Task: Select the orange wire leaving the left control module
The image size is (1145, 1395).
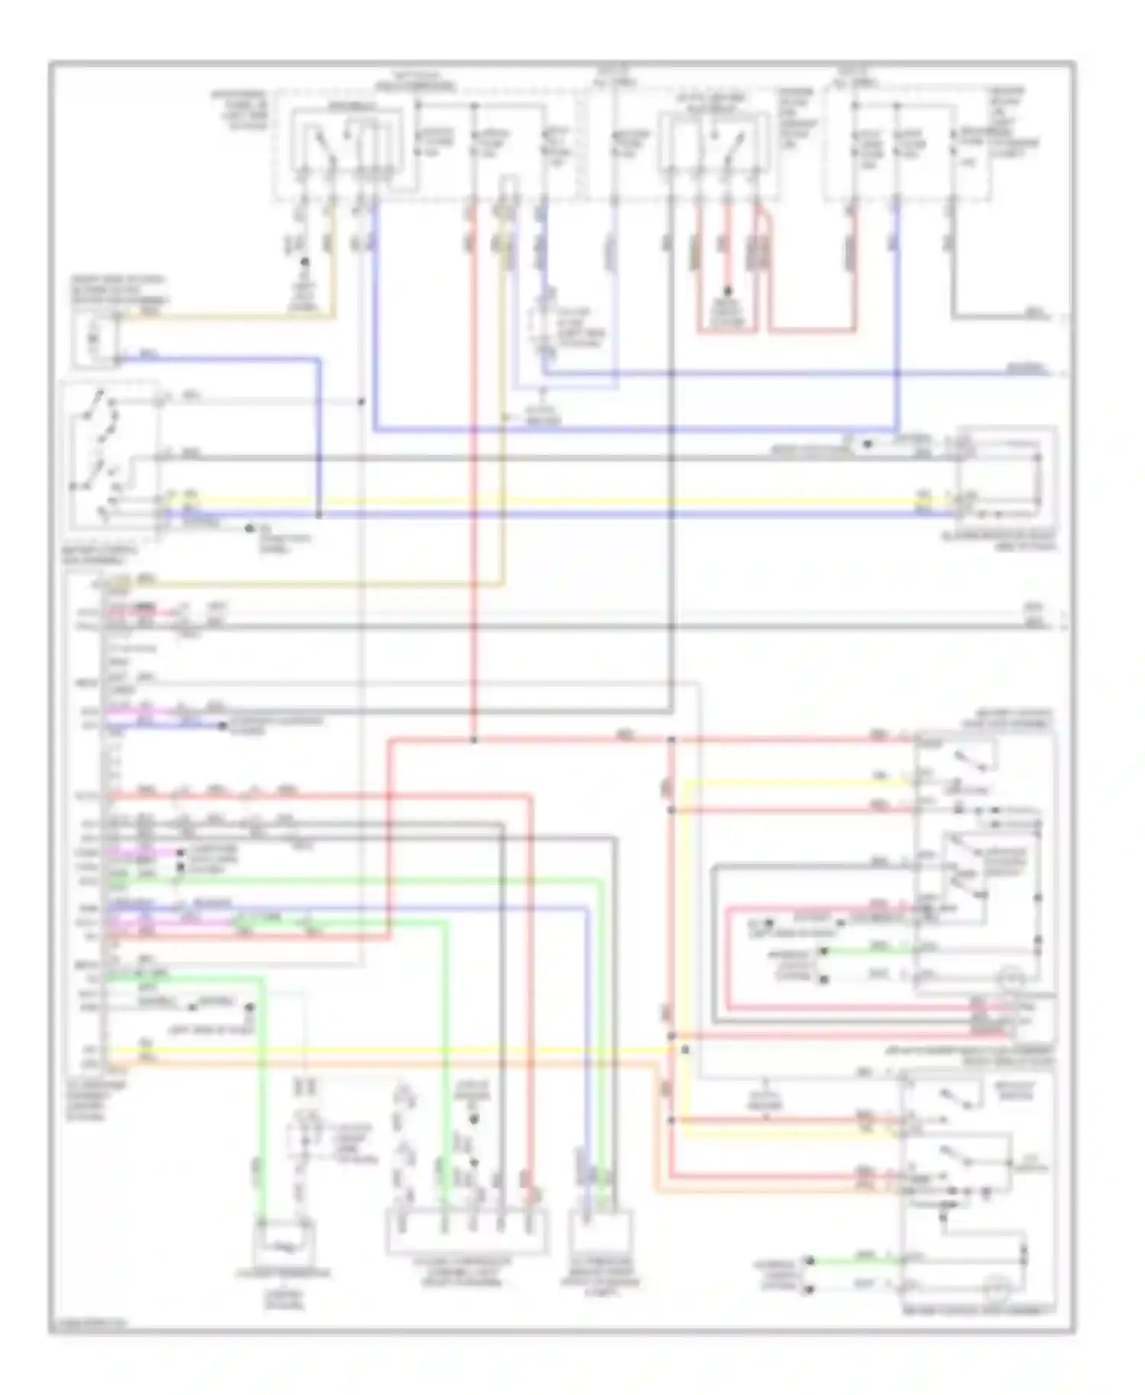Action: pyautogui.click(x=382, y=1063)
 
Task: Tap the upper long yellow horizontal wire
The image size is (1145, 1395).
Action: pyautogui.click(x=534, y=502)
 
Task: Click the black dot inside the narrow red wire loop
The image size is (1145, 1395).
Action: pyautogui.click(x=727, y=292)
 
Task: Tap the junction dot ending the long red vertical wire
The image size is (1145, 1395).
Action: pyautogui.click(x=474, y=740)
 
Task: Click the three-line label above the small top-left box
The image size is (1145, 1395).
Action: pyautogui.click(x=120, y=290)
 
